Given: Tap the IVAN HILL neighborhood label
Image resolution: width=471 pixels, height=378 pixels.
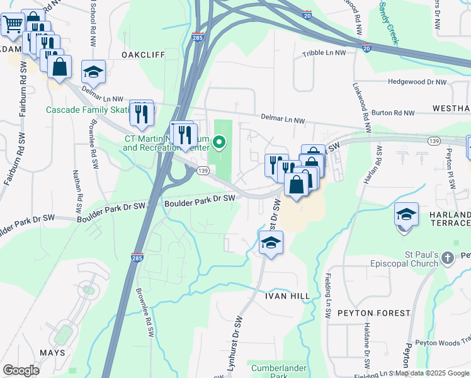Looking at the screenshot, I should (x=287, y=296).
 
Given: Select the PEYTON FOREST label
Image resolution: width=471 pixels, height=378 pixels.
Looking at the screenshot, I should (x=373, y=313).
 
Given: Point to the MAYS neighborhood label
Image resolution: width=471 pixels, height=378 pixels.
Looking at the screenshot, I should (x=52, y=353).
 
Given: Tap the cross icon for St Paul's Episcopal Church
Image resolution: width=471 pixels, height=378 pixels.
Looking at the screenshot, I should (x=447, y=257).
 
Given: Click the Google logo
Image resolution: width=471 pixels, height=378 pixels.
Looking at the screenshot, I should (x=21, y=370).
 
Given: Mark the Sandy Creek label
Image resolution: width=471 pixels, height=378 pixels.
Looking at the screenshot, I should (x=389, y=22).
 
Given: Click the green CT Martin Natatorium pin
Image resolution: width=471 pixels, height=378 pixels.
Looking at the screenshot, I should (x=219, y=143).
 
